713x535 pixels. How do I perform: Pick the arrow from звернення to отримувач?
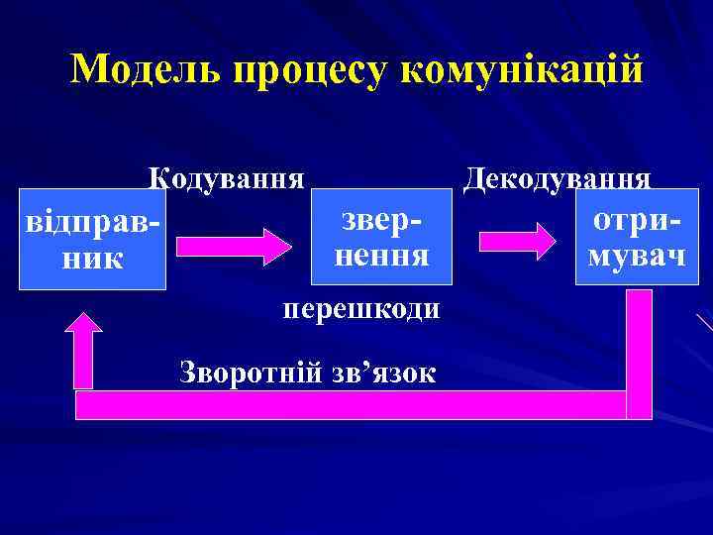(x=517, y=241)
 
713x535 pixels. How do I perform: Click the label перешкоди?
(x=360, y=309)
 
